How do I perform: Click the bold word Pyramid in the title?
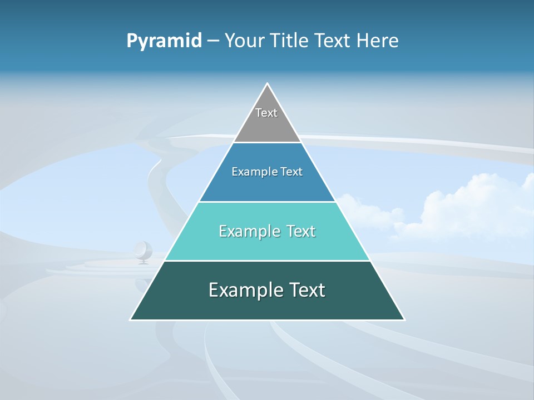pyautogui.click(x=164, y=41)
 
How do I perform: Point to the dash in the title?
pyautogui.click(x=213, y=41)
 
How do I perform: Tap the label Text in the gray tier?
pyautogui.click(x=266, y=113)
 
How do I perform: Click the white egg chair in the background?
pyautogui.click(x=143, y=251)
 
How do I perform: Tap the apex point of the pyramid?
pyautogui.click(x=268, y=84)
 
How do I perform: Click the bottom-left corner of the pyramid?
pyautogui.click(x=130, y=319)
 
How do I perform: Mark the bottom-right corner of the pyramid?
pyautogui.click(x=404, y=319)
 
